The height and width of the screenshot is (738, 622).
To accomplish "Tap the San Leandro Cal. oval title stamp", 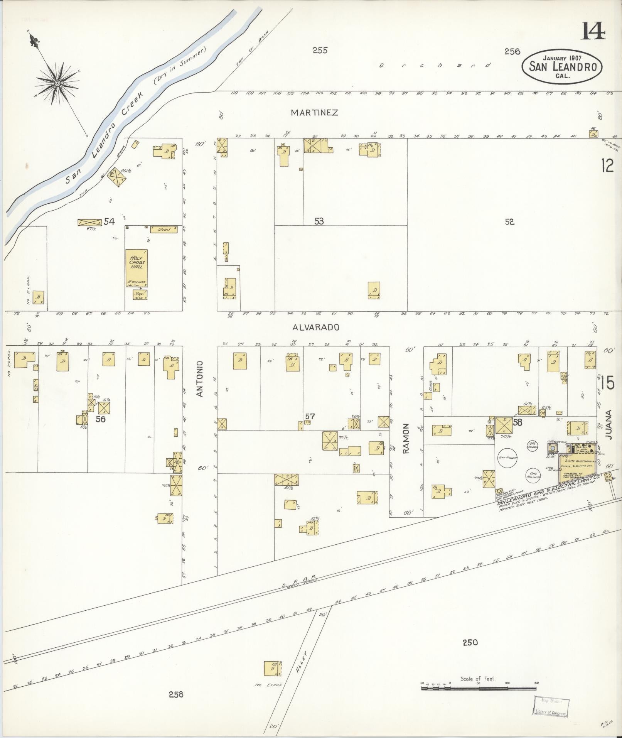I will click(563, 66).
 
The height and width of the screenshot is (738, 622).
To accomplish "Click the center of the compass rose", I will click(57, 83).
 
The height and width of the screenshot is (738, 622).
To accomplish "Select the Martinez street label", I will click(314, 113).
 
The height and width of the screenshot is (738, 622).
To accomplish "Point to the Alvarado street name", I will click(316, 327).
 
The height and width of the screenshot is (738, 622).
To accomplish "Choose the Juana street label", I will click(609, 426).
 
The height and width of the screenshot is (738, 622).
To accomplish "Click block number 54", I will click(109, 221).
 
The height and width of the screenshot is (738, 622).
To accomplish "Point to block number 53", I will click(319, 221).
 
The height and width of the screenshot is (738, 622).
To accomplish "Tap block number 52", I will click(509, 221).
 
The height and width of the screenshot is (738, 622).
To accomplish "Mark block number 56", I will click(100, 419).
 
